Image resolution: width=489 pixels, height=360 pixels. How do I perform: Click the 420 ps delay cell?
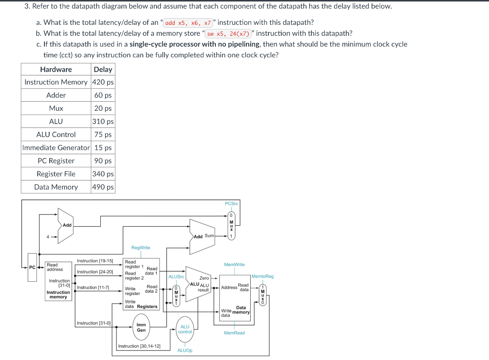[103, 82]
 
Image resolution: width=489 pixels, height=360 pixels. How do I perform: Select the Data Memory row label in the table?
[56, 187]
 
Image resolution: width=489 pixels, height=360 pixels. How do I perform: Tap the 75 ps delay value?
[103, 135]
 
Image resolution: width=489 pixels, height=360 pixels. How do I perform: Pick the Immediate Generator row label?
[56, 148]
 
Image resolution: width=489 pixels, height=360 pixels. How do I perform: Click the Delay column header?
[103, 69]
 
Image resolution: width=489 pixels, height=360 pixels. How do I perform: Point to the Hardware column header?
[56, 69]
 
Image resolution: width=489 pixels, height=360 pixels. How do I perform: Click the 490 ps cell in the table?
[103, 187]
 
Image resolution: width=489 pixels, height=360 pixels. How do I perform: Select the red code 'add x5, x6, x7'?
[188, 22]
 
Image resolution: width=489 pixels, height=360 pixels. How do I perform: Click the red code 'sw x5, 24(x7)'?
[228, 33]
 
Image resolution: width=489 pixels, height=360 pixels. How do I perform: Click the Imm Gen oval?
[141, 327]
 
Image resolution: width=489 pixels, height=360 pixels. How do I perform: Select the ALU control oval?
[185, 329]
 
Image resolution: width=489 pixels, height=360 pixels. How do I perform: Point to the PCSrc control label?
[231, 204]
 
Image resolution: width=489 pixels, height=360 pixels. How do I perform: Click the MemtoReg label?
[262, 276]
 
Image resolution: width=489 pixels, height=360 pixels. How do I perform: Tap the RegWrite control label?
[140, 247]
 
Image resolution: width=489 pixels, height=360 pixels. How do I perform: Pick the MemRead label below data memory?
[234, 333]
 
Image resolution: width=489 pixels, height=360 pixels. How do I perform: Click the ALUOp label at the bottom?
[185, 350]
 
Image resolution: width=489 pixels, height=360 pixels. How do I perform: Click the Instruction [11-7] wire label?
[93, 287]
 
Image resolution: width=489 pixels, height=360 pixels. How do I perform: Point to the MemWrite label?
[234, 264]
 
